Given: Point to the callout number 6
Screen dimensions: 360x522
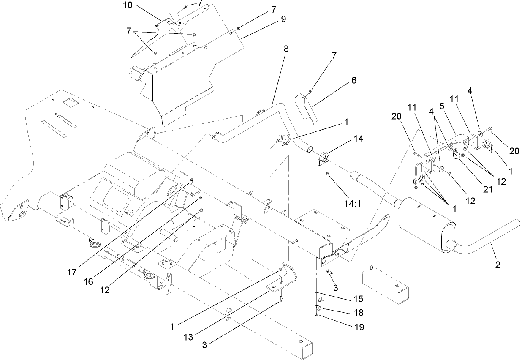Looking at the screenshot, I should (342, 80).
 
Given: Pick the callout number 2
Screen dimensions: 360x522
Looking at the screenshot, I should (498, 265).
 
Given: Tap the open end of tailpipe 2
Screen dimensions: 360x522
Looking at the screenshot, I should (518, 222).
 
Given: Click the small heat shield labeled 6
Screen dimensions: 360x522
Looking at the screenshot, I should (305, 109).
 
